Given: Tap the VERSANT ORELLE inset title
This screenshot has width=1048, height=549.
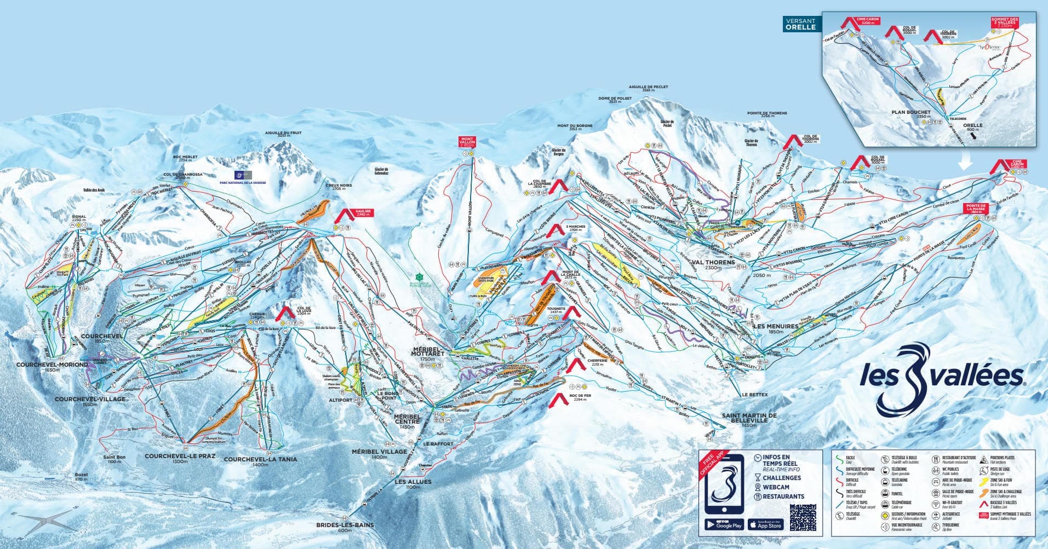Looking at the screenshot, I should pos(800,24).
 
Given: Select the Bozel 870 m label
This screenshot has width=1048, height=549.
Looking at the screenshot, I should pos(81,476).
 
